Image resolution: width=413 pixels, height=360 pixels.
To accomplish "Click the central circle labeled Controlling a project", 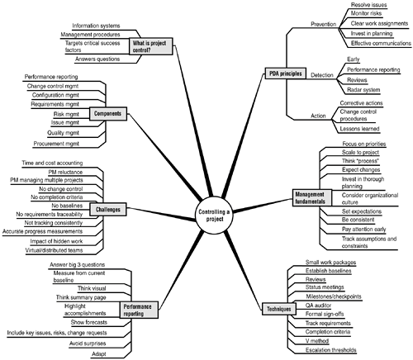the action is click(x=214, y=216).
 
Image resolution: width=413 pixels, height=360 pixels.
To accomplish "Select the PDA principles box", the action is click(x=286, y=73).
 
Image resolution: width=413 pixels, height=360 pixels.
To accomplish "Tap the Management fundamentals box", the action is click(x=312, y=198).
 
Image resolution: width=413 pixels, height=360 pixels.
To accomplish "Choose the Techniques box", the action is click(x=278, y=309).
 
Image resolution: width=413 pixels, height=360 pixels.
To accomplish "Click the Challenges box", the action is click(x=108, y=210).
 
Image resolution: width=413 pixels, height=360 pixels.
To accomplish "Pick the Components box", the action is click(x=108, y=114).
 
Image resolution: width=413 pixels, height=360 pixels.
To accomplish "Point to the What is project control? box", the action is click(x=151, y=46).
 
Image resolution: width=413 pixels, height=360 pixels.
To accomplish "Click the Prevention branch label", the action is click(x=324, y=24).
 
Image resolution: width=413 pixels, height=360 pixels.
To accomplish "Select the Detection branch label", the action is click(x=322, y=75).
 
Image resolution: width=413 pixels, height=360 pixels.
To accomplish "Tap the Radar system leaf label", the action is click(x=363, y=90).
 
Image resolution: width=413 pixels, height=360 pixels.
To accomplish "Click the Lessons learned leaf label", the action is click(x=359, y=129).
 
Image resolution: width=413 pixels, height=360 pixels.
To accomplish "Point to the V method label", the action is click(x=317, y=341).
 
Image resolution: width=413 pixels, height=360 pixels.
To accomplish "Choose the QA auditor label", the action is click(x=318, y=306).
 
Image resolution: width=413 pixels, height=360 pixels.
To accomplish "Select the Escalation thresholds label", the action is click(x=331, y=350).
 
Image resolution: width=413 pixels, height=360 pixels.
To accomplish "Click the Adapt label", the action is click(x=98, y=354).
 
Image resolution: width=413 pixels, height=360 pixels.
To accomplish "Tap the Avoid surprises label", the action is click(x=88, y=343).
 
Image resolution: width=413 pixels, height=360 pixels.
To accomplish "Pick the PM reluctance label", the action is click(x=65, y=172).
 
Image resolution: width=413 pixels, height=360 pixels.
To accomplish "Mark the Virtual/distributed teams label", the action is click(x=54, y=250).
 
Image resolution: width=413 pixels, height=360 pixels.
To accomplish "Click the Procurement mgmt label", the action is click(x=56, y=144).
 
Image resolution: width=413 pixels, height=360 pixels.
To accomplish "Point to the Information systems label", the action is click(x=96, y=26).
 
